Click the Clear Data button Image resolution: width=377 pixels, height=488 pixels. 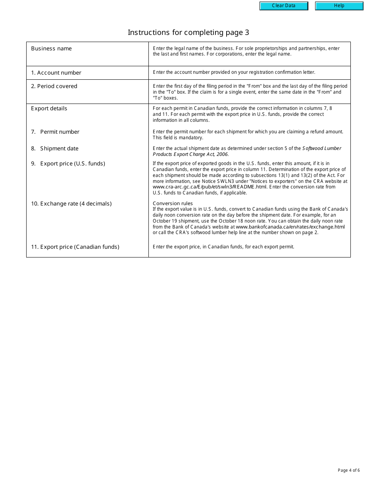(x=284, y=6)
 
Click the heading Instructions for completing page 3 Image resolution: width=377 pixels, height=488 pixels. (x=188, y=33)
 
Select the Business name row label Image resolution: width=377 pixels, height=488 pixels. (x=52, y=48)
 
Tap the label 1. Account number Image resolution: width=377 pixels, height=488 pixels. (x=56, y=73)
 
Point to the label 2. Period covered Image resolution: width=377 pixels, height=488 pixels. (x=54, y=86)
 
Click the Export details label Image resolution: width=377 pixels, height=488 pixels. (x=49, y=108)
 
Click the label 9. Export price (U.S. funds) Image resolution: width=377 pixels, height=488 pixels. (x=68, y=163)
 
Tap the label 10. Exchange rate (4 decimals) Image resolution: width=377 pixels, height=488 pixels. (x=71, y=204)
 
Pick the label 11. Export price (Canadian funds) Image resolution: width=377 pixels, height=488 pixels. (x=75, y=247)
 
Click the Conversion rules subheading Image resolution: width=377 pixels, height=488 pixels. (x=173, y=204)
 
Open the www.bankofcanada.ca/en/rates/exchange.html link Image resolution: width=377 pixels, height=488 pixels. (x=290, y=227)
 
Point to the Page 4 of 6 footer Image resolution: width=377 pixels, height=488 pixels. (x=349, y=471)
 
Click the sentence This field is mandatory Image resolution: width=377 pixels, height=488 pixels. (x=178, y=138)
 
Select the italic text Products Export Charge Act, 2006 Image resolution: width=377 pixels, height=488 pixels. (x=191, y=154)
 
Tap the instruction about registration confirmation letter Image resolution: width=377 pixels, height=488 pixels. (x=234, y=72)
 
